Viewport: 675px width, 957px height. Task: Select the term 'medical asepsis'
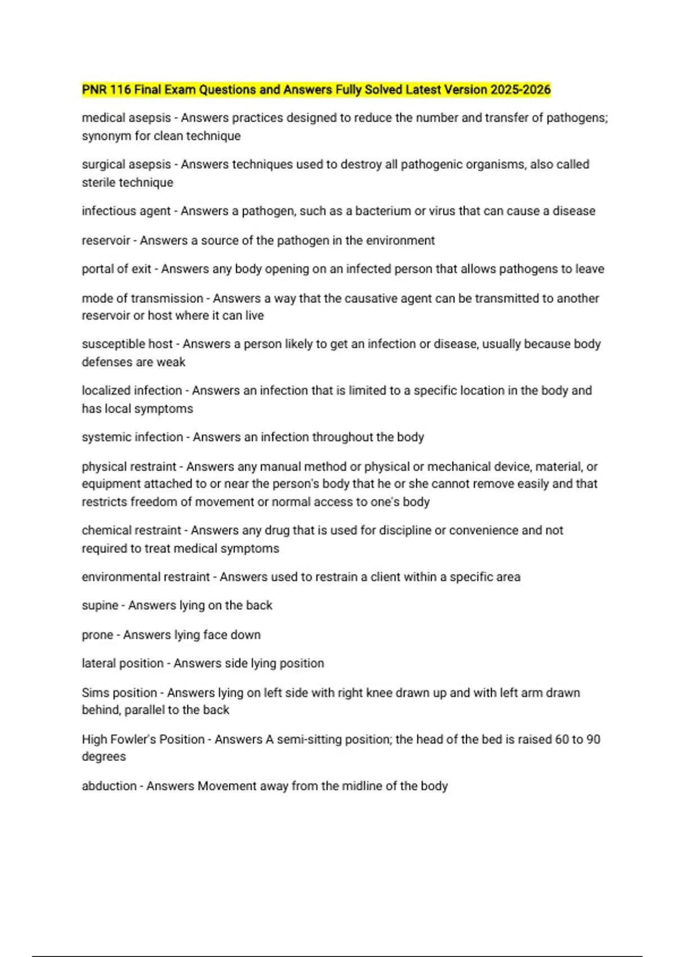pyautogui.click(x=126, y=118)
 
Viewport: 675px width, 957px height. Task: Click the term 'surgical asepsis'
pyautogui.click(x=126, y=164)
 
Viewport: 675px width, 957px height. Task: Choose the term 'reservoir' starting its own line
pyautogui.click(x=106, y=240)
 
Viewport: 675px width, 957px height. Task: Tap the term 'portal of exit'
pyautogui.click(x=116, y=269)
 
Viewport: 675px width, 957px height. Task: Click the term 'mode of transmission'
pyautogui.click(x=142, y=298)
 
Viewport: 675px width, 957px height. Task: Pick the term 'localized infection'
pyautogui.click(x=132, y=391)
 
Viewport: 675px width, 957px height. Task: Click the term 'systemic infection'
pyautogui.click(x=132, y=437)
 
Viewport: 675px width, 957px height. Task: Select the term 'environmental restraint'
pyautogui.click(x=146, y=577)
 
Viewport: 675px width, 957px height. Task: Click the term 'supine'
pyautogui.click(x=100, y=606)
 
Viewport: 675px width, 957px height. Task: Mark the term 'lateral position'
pyautogui.click(x=122, y=664)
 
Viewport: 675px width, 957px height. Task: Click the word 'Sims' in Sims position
pyautogui.click(x=93, y=693)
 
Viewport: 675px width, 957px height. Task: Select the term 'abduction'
pyautogui.click(x=109, y=786)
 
